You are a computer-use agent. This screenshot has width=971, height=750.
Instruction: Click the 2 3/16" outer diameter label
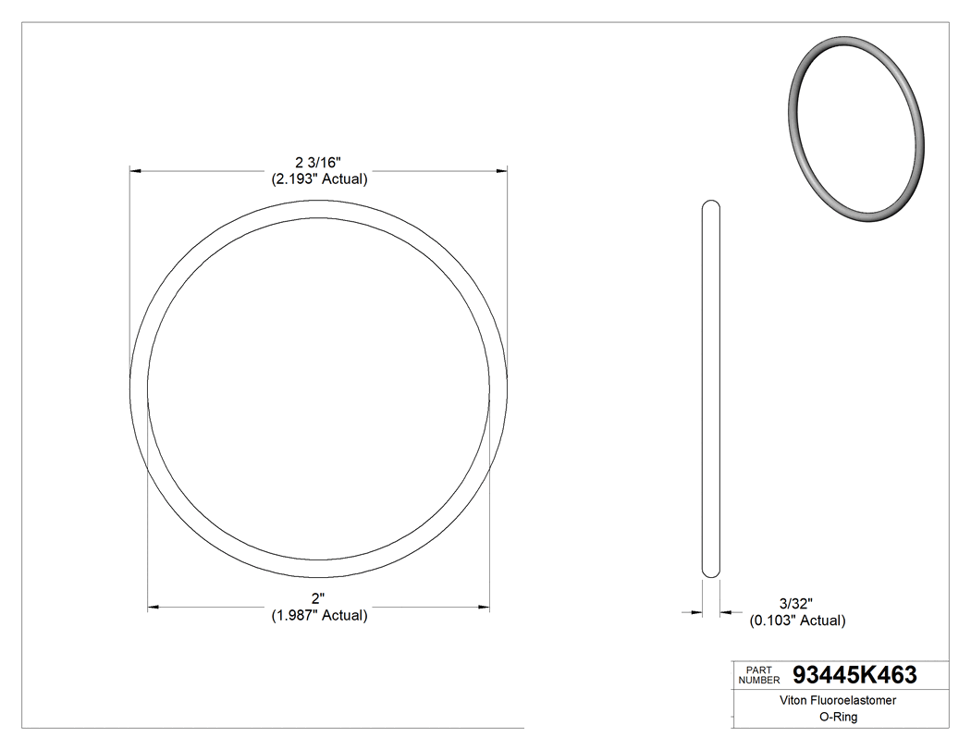[319, 163]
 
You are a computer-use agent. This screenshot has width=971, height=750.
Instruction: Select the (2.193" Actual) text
[319, 179]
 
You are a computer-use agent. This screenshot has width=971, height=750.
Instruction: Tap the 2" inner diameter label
[319, 599]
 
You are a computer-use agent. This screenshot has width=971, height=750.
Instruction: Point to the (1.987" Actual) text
[319, 616]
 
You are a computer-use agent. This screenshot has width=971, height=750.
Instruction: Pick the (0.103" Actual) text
[797, 621]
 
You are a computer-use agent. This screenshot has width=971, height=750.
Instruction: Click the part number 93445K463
[855, 675]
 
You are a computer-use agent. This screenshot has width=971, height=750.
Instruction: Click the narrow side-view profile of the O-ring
[711, 388]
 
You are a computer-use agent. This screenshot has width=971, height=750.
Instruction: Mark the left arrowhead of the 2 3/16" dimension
[135, 171]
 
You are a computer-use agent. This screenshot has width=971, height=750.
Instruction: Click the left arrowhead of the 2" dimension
[154, 608]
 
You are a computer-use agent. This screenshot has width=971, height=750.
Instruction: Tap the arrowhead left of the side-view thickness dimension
[696, 611]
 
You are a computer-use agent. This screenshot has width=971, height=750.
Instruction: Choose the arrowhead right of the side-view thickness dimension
[726, 611]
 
